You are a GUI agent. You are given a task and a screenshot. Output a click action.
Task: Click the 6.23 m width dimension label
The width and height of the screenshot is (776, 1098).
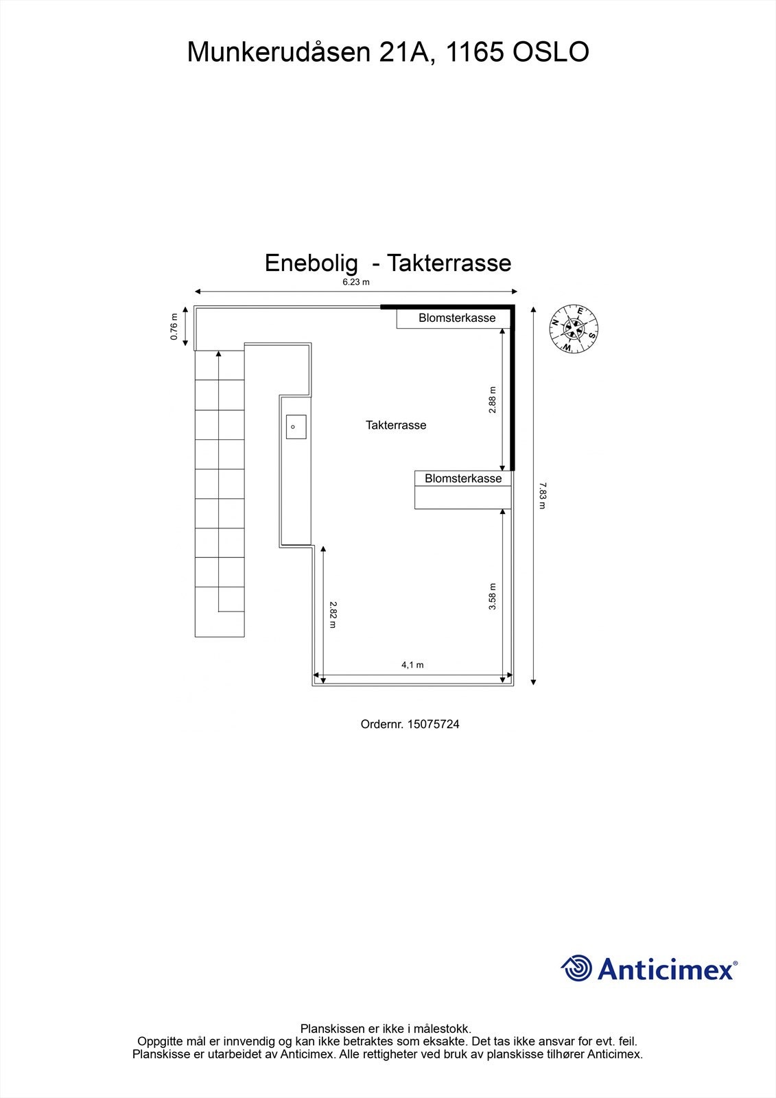coord(356,282)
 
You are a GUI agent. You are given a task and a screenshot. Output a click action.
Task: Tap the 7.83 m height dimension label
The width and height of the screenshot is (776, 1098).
coord(542,495)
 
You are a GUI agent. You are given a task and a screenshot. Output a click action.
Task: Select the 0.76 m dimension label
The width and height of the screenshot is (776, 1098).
coord(174,327)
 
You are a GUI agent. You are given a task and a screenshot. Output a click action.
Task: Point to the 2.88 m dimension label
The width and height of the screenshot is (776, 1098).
coord(492,399)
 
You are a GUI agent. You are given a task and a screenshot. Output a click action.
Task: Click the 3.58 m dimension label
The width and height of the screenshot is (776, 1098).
coord(492,596)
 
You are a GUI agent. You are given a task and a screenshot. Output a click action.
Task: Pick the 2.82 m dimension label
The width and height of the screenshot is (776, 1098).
coord(333,614)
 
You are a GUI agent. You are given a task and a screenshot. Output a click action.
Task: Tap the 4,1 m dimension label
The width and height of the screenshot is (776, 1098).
coord(412,665)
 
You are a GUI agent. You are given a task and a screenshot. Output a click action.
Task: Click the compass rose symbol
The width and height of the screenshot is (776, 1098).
coord(574,329)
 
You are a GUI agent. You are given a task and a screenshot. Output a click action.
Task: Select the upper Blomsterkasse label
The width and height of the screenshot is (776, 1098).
coord(457,318)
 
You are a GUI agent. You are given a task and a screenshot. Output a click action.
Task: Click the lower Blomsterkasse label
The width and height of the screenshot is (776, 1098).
coord(463,478)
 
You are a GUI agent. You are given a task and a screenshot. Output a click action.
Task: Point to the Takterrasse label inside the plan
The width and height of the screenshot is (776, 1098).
coord(396,425)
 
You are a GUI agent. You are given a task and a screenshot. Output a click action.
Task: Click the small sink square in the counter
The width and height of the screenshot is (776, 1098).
coord(296,427)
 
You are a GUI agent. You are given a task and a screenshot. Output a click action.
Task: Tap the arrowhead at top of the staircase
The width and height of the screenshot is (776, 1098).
coord(219,354)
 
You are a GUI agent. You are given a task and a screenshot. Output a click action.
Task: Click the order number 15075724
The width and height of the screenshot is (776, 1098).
coord(433,724)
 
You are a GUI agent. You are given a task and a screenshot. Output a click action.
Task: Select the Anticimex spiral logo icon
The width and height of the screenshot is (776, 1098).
coord(576,968)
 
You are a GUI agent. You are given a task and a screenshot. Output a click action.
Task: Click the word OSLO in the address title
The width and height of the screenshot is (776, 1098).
coord(551,52)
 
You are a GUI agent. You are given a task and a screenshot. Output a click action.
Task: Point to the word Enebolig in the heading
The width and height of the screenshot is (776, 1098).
coord(311,263)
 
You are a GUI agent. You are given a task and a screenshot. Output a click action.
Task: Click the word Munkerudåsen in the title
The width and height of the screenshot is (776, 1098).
coord(279,52)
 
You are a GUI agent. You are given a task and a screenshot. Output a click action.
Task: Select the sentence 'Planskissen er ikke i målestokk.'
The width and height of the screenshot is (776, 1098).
coord(386,1029)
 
